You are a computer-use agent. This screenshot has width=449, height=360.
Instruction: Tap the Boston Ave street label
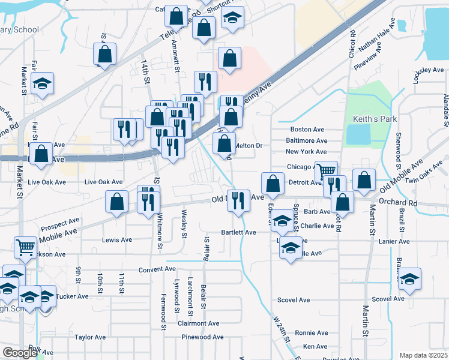point(307,130)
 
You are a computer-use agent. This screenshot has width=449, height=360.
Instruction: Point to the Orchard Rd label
point(399,203)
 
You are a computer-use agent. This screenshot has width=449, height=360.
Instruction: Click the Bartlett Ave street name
point(238,232)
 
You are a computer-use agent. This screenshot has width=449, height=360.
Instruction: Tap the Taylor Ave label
point(90,337)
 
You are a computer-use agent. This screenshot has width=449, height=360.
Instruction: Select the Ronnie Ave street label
point(311,333)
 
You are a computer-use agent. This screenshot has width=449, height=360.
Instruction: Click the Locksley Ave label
point(429,70)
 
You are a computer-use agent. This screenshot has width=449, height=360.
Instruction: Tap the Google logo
point(19,353)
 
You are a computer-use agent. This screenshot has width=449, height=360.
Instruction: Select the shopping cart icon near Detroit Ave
point(326,171)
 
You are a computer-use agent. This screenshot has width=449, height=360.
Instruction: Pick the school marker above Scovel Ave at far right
point(409,279)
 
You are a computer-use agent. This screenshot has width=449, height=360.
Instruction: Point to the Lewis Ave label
point(117,240)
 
